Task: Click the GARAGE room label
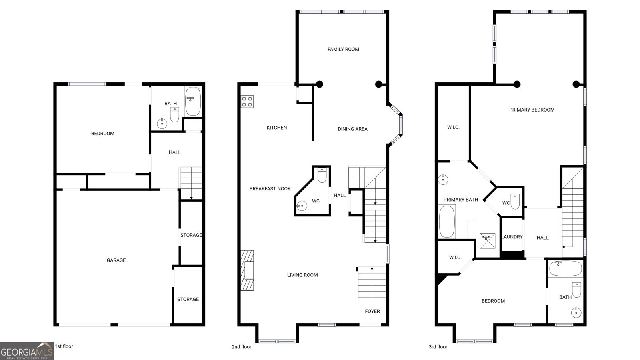point(116,260)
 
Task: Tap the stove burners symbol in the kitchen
point(247,102)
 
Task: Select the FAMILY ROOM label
point(343,50)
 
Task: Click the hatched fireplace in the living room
point(247,270)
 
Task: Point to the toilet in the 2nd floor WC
point(322,176)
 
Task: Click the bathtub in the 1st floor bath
point(192,101)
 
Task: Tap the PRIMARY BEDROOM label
point(532,110)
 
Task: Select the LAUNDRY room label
point(512,237)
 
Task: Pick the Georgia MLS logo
point(27,351)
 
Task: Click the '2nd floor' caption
point(242,347)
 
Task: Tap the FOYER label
point(372,311)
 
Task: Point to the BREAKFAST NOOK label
point(270,189)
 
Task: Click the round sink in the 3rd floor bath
point(576,312)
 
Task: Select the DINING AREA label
point(352,129)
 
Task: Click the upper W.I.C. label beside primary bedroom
point(453,128)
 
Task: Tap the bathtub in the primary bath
point(447,222)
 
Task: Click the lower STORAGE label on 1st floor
point(188,299)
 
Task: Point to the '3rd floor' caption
point(438,347)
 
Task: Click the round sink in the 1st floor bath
point(162,123)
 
